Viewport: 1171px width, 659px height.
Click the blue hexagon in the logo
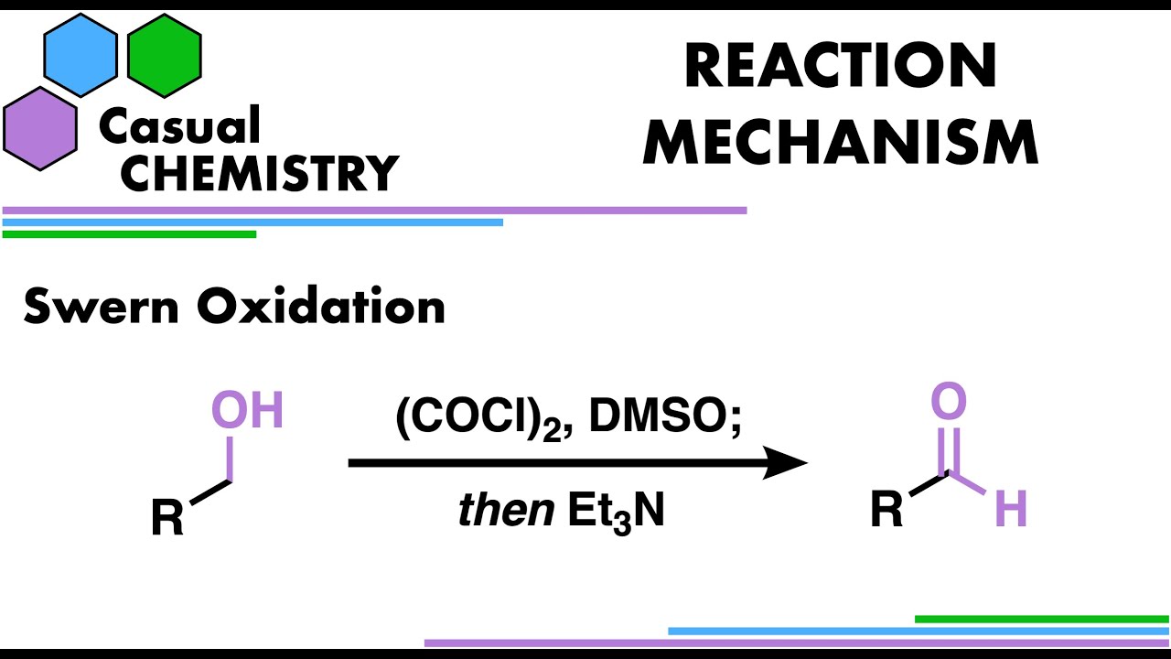(81, 56)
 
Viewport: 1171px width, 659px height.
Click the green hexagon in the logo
(165, 56)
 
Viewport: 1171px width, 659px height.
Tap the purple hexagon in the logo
(40, 129)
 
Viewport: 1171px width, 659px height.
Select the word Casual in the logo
(179, 124)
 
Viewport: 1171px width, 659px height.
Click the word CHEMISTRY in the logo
(260, 174)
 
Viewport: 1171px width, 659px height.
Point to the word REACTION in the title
(841, 65)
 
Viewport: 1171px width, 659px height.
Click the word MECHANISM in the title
(840, 142)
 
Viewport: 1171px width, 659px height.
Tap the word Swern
(102, 307)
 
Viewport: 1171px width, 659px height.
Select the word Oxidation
(321, 306)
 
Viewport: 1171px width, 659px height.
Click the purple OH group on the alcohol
(247, 409)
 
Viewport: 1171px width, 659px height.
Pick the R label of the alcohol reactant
(167, 517)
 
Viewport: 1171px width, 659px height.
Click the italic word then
(506, 510)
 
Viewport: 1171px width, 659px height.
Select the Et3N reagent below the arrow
(617, 512)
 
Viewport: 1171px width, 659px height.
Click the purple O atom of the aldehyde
(949, 401)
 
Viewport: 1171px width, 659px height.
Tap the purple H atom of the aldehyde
(1012, 508)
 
